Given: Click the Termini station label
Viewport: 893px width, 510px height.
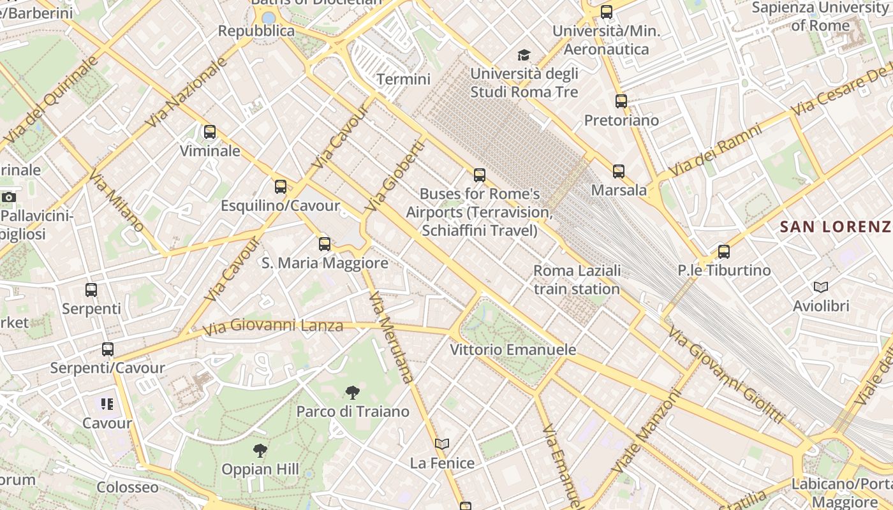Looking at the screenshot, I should [403, 80].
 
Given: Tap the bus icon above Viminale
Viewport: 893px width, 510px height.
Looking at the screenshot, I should [209, 132].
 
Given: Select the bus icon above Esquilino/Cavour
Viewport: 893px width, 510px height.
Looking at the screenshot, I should [280, 187].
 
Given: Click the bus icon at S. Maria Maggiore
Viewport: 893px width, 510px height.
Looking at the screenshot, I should [324, 244].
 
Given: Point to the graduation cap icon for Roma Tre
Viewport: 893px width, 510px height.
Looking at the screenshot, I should [524, 55].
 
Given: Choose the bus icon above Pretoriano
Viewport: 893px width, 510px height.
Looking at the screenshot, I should [621, 101].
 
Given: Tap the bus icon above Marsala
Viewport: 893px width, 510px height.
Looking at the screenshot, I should [618, 171].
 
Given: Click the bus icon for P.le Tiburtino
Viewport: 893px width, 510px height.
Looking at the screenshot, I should [723, 251].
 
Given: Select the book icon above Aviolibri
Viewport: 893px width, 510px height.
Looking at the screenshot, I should [820, 288].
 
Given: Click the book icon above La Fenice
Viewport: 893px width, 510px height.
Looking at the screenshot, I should [441, 444].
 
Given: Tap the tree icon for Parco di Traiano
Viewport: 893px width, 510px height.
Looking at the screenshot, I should [352, 393].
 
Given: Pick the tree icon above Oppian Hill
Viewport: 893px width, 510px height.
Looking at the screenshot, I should [260, 451].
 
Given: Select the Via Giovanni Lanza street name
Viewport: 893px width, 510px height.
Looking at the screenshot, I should [273, 326].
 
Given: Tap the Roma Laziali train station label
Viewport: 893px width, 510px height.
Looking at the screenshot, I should [577, 280].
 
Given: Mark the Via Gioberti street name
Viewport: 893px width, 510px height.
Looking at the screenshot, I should [394, 176].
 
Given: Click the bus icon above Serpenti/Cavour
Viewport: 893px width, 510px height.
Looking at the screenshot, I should [107, 349].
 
